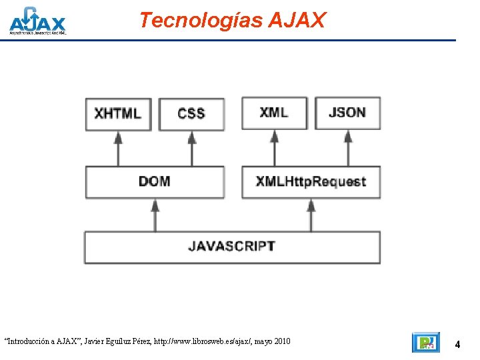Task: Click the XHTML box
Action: pyautogui.click(x=118, y=113)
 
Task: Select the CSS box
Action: pyautogui.click(x=191, y=113)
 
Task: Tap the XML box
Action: pyautogui.click(x=274, y=113)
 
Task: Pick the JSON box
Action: pyautogui.click(x=347, y=113)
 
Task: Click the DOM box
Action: pyautogui.click(x=155, y=181)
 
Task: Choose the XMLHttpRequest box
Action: pyautogui.click(x=311, y=181)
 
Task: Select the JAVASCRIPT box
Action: pyautogui.click(x=231, y=247)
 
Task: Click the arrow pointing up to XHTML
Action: pyautogui.click(x=119, y=147)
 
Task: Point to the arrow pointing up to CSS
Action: pyautogui.click(x=192, y=147)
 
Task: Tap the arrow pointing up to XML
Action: pyautogui.click(x=274, y=147)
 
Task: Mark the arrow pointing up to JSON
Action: pyautogui.click(x=347, y=147)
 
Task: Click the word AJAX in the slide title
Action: pyautogui.click(x=297, y=21)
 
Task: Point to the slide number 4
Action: pyautogui.click(x=457, y=345)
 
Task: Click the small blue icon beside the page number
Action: pyautogui.click(x=425, y=343)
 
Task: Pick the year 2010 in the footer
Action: pyautogui.click(x=281, y=341)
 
